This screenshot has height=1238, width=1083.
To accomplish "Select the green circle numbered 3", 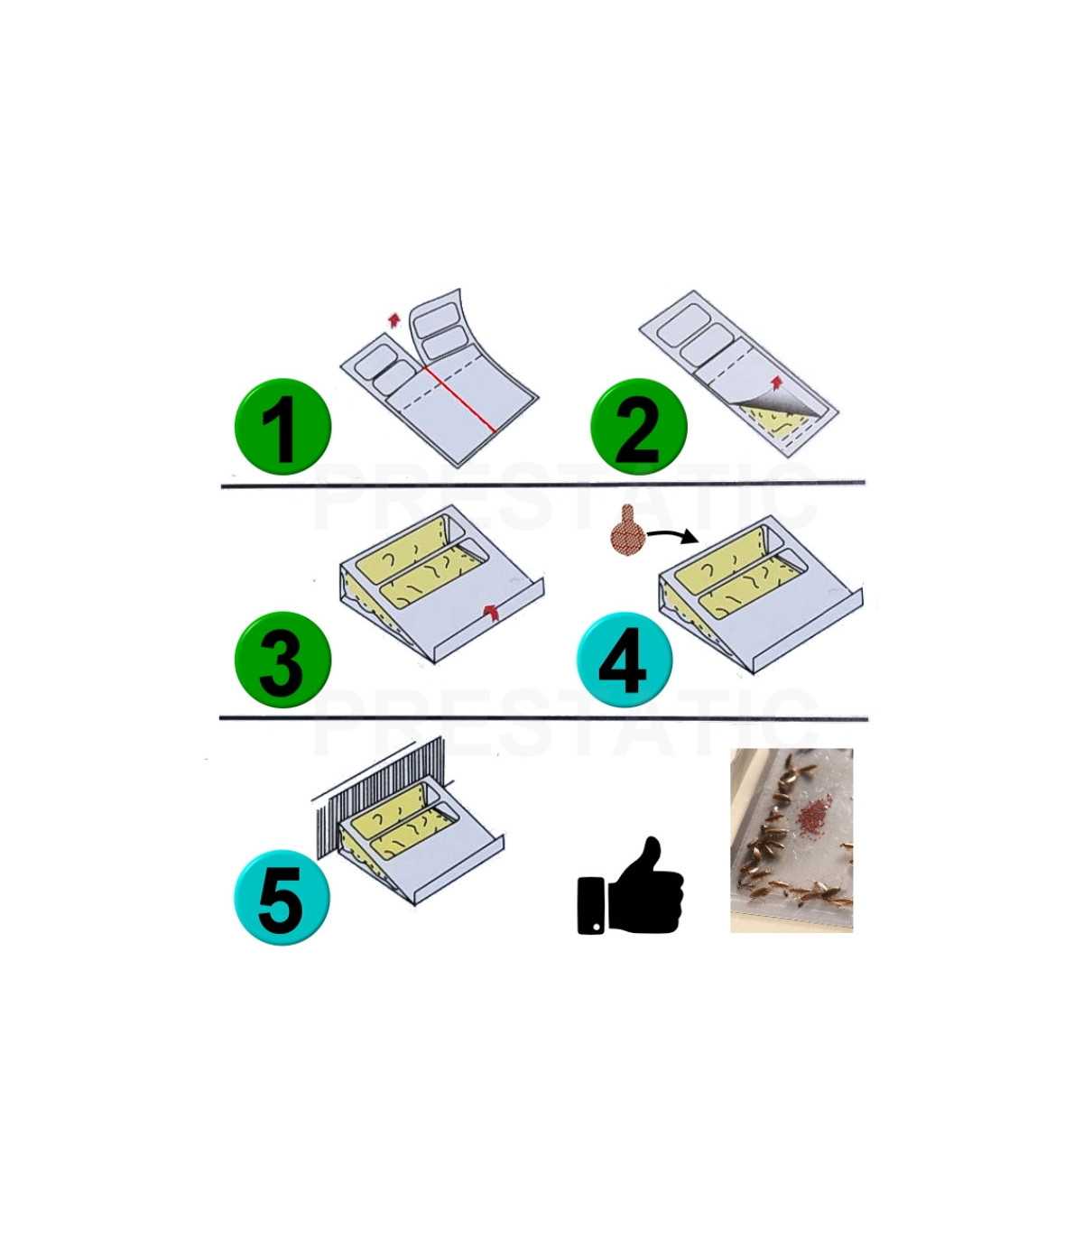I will pos(282,660).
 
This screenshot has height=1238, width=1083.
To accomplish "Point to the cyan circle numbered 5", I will pos(282,897).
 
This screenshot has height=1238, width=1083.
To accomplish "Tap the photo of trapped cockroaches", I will pos(791,839).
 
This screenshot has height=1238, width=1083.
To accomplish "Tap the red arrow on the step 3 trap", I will pos(490,613).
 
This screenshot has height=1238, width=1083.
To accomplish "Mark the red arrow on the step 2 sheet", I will pos(775,381).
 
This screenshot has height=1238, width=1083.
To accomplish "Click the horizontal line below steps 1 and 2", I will pos(541,485).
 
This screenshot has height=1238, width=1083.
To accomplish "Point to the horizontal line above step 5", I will pos(541,719).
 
